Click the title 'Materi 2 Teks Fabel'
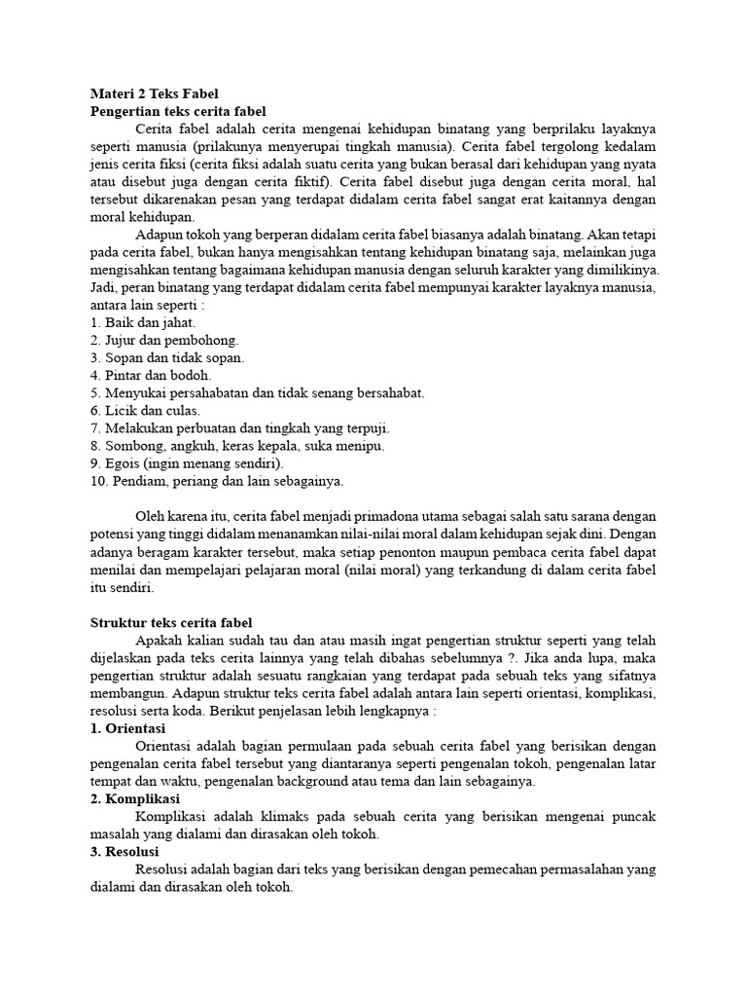click(x=156, y=94)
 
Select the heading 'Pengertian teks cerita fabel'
click(x=178, y=112)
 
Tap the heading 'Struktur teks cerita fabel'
click(x=171, y=622)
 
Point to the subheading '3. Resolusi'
click(x=126, y=852)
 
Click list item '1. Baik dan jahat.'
click(x=143, y=322)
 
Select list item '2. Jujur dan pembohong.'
click(x=164, y=340)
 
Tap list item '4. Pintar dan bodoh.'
click(x=151, y=375)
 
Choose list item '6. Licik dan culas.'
click(x=146, y=411)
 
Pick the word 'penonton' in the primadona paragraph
click(x=399, y=552)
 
